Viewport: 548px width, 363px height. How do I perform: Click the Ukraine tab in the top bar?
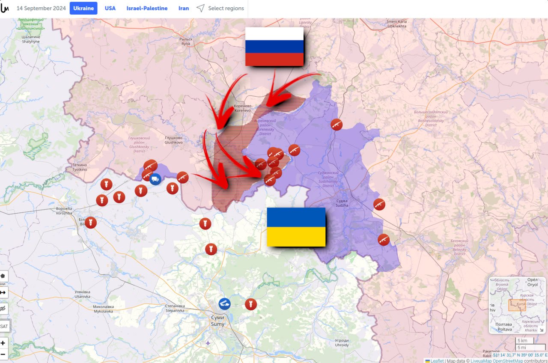pyautogui.click(x=83, y=8)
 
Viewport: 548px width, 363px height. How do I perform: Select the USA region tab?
pyautogui.click(x=110, y=8)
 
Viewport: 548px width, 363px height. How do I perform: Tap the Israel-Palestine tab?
pyautogui.click(x=147, y=8)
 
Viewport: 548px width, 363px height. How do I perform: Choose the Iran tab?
pyautogui.click(x=184, y=8)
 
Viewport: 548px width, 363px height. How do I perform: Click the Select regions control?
pyautogui.click(x=220, y=8)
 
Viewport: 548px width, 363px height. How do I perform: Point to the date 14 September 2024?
pyautogui.click(x=41, y=8)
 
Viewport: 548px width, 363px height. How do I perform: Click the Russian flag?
pyautogui.click(x=274, y=47)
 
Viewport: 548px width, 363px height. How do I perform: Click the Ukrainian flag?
pyautogui.click(x=296, y=227)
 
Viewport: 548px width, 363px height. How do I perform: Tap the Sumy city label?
pyautogui.click(x=217, y=321)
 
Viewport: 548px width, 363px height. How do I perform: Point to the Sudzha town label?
pyautogui.click(x=342, y=203)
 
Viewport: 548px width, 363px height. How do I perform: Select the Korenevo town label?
pyautogui.click(x=242, y=108)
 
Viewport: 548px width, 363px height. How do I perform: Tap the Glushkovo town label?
pyautogui.click(x=173, y=140)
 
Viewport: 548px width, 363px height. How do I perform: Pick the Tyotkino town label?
pyautogui.click(x=80, y=167)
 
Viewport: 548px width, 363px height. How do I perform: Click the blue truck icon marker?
pyautogui.click(x=155, y=179)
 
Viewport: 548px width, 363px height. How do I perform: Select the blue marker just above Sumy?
pyautogui.click(x=224, y=304)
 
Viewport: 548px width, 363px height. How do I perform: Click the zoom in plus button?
pyautogui.click(x=3, y=343)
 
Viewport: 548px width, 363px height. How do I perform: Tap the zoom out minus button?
pyautogui.click(x=3, y=354)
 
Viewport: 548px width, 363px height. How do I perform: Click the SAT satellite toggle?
pyautogui.click(x=4, y=326)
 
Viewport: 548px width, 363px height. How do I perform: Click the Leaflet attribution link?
pyautogui.click(x=437, y=361)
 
